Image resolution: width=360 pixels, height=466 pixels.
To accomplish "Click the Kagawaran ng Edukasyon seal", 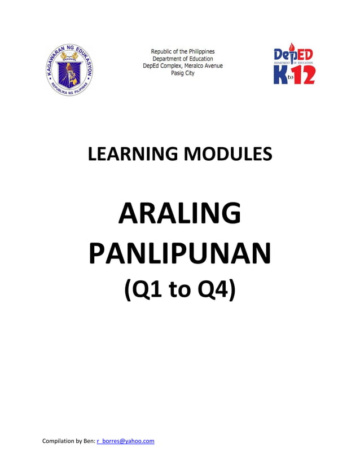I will click(x=69, y=70).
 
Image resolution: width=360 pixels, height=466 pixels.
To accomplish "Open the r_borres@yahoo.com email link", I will click(x=126, y=441).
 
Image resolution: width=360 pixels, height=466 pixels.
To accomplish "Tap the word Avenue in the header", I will click(x=212, y=66).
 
